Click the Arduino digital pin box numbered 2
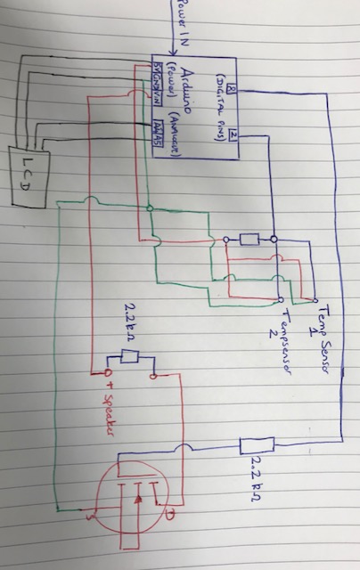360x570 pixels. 233,134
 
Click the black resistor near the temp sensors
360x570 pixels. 250,239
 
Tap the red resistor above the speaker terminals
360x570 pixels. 129,357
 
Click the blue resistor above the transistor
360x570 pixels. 257,444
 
